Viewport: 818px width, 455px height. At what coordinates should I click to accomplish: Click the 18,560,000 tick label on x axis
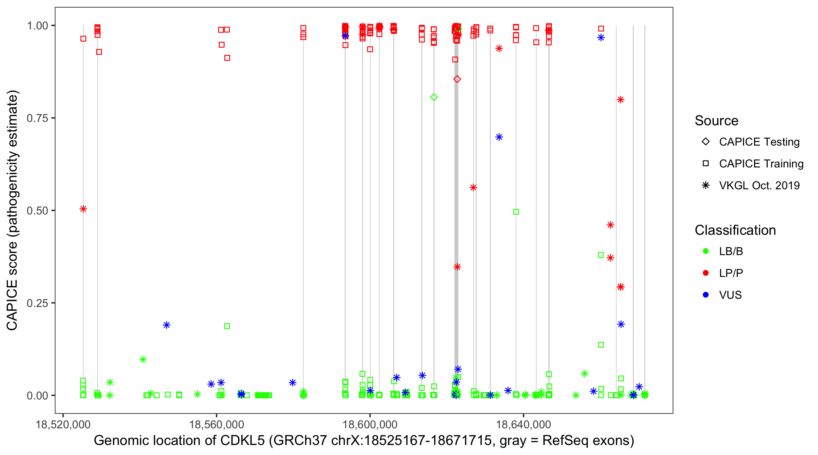point(216,424)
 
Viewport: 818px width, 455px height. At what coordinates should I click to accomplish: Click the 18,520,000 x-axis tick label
point(63,424)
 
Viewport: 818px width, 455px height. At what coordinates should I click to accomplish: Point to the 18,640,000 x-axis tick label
point(523,424)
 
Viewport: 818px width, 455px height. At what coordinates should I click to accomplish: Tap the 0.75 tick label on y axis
point(37,118)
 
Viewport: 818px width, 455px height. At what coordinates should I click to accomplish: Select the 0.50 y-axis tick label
point(37,211)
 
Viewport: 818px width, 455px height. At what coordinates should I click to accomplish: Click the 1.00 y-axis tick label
point(37,26)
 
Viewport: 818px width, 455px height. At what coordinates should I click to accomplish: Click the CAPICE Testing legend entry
point(759,142)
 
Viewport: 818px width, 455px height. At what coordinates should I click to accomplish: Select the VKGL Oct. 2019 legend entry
point(759,185)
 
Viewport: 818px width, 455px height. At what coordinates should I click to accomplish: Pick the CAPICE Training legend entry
point(761,164)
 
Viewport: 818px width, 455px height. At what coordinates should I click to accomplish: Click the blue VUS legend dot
point(706,295)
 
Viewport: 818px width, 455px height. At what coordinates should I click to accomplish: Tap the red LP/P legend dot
point(706,273)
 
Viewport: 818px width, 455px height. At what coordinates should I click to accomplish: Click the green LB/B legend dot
point(706,251)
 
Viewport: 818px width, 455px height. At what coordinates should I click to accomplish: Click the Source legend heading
point(717,121)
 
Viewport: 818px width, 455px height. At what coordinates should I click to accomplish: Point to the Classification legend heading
point(735,230)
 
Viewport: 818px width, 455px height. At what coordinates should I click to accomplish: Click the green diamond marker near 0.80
point(434,97)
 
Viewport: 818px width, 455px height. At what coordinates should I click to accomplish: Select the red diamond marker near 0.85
point(457,79)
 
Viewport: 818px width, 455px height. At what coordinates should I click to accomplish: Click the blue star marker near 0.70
point(499,137)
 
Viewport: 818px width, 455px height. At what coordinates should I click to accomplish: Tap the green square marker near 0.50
point(516,212)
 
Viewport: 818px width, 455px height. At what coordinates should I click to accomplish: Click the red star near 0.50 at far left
point(83,209)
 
